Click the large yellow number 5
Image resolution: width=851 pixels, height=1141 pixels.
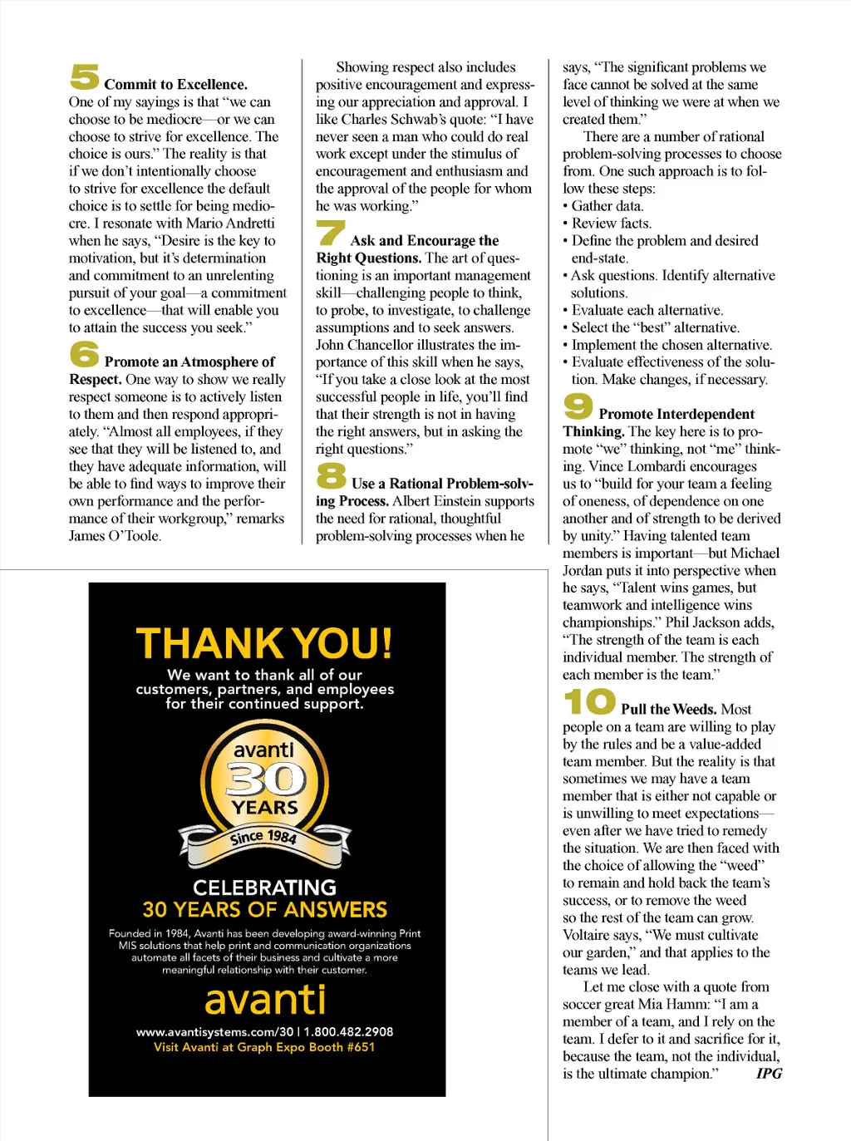(x=85, y=76)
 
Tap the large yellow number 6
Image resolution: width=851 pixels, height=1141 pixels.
(x=85, y=354)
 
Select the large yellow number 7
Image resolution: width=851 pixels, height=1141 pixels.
(x=331, y=233)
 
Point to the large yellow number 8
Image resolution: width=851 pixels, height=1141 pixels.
(x=331, y=475)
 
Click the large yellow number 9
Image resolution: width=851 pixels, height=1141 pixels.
(x=578, y=406)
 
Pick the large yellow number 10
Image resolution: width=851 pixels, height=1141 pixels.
(x=589, y=701)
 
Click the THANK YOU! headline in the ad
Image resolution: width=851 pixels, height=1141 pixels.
(x=264, y=644)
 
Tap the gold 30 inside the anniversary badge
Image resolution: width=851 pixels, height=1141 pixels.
(x=265, y=779)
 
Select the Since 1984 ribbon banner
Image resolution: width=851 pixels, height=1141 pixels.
(x=263, y=838)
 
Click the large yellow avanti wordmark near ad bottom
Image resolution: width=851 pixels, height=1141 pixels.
(x=265, y=1000)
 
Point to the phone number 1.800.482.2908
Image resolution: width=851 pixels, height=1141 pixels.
(x=348, y=1032)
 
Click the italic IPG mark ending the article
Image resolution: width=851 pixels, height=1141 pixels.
(x=769, y=1074)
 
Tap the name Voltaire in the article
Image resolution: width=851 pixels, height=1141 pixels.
(x=588, y=936)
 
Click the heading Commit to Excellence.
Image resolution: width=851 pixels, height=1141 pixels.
(x=175, y=85)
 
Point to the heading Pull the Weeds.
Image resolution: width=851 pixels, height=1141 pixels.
(x=668, y=710)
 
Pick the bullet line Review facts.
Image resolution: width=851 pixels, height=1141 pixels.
(x=611, y=224)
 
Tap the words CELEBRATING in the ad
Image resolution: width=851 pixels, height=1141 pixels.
(x=264, y=888)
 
